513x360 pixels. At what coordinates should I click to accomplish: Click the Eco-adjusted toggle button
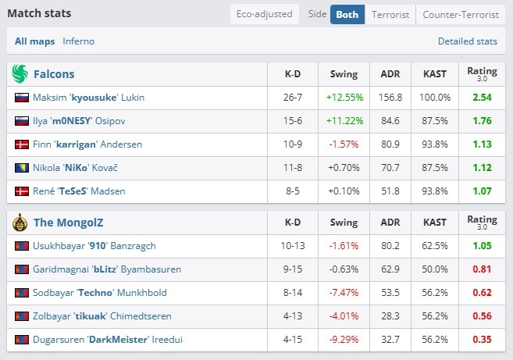click(265, 14)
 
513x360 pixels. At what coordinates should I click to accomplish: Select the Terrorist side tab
click(390, 14)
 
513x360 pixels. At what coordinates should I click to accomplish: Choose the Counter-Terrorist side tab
click(461, 14)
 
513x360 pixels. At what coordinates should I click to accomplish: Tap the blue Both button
click(347, 14)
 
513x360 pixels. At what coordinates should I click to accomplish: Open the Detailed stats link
click(468, 41)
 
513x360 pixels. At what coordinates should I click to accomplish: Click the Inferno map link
click(79, 41)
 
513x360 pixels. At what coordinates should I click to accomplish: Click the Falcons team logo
click(20, 73)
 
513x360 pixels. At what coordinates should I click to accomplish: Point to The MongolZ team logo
click(20, 223)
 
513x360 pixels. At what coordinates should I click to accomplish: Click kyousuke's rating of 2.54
click(482, 97)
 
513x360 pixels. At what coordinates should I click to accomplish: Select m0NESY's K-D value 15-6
click(293, 121)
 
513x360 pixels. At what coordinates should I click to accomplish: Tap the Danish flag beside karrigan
click(22, 144)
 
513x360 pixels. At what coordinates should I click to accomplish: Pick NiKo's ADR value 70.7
click(390, 168)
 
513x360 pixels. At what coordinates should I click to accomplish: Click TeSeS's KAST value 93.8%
click(434, 191)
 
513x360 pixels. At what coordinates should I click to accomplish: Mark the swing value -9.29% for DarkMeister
click(344, 340)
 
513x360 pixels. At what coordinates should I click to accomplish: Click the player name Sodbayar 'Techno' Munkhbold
click(100, 293)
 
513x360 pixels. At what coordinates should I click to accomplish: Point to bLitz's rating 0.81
click(482, 269)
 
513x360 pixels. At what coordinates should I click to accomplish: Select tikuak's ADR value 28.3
click(390, 316)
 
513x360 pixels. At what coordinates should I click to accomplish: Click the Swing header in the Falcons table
click(344, 74)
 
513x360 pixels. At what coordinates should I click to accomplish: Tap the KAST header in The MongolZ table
click(434, 223)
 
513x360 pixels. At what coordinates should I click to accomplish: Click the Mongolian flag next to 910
click(22, 246)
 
